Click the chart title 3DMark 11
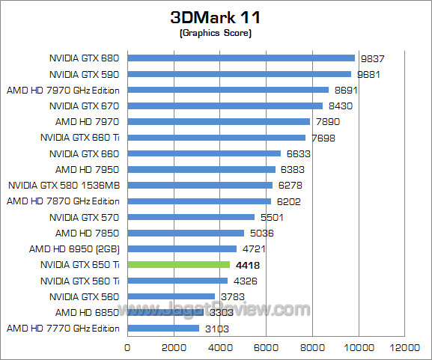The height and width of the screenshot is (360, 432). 216,16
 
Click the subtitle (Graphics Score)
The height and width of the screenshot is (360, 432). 216,34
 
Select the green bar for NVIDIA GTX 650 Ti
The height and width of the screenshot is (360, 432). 179,264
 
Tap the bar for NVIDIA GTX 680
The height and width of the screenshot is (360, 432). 241,58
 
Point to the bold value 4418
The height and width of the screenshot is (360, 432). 246,265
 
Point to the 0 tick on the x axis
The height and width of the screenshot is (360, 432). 128,347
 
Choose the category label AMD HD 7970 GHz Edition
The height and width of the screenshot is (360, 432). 63,90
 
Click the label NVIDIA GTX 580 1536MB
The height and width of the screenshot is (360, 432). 64,185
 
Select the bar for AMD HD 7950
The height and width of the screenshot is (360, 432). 201,169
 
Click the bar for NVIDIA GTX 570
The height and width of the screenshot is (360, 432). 191,217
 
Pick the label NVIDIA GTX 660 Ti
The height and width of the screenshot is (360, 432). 79,138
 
